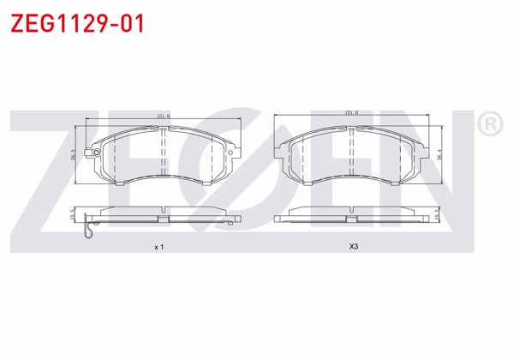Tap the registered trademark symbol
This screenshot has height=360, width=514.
[x=490, y=126]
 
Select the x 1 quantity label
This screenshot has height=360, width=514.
[x=158, y=247]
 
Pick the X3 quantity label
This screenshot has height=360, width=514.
[x=353, y=247]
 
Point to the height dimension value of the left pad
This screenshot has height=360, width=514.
[x=74, y=155]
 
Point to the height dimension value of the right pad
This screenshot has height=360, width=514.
[x=439, y=154]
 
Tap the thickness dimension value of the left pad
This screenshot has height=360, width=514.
[x=72, y=215]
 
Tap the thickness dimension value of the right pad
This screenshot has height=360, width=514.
[x=439, y=215]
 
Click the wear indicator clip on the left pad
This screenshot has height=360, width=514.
[x=91, y=230]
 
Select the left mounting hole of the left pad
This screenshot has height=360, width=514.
[x=97, y=154]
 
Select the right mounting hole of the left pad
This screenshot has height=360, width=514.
[x=229, y=154]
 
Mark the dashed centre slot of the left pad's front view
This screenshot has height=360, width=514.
[x=163, y=154]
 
